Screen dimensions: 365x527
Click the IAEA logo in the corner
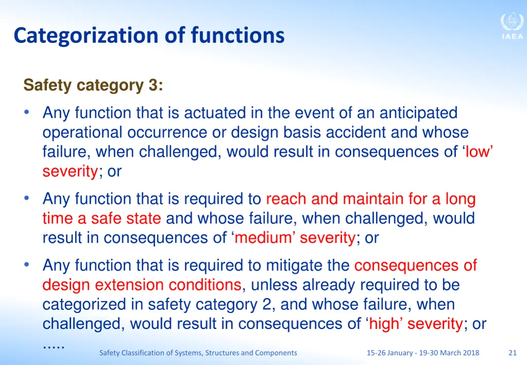512,26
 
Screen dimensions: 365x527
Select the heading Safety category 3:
93,85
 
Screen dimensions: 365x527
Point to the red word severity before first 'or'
70,171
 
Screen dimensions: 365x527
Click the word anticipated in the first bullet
418,113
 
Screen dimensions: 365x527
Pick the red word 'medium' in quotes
265,238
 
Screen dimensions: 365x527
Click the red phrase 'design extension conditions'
142,285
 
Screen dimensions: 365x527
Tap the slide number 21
512,353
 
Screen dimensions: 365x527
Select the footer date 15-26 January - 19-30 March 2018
423,353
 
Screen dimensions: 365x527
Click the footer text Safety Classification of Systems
198,353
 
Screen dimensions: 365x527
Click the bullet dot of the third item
27,265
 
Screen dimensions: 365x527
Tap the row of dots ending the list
53,345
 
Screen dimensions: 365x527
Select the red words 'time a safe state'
101,218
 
